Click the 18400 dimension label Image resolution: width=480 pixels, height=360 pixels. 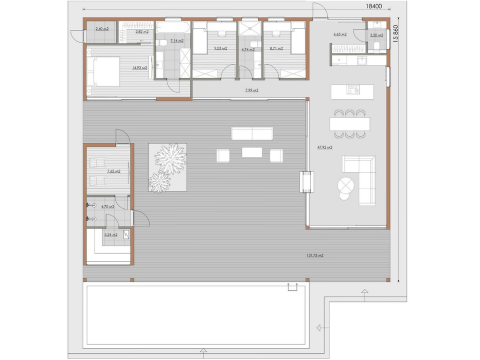tap(374, 6)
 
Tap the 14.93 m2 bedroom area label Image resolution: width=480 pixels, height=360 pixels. tap(139, 67)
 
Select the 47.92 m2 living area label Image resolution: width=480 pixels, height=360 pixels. tap(325, 147)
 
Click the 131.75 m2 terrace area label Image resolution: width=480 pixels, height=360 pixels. tap(315, 255)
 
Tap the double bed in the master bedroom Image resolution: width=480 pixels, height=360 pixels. tap(102, 71)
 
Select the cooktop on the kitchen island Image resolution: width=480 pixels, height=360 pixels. tap(353, 89)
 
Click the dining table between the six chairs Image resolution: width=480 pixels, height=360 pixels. tap(350, 124)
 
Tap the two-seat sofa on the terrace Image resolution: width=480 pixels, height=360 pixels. tap(252, 134)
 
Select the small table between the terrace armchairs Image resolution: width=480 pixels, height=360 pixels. tap(252, 153)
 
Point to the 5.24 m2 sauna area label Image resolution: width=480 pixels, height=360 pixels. tap(111, 235)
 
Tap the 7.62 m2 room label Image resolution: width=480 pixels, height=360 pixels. tap(113, 171)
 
